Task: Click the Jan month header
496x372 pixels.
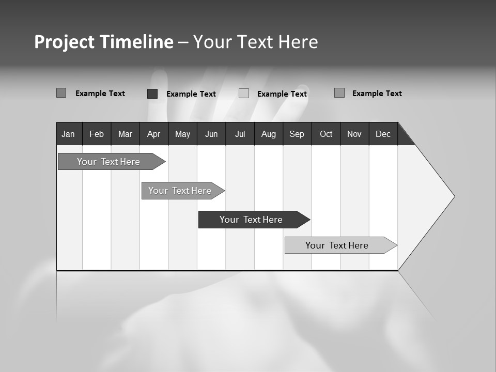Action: (x=69, y=134)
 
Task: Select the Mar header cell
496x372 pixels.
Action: (x=125, y=134)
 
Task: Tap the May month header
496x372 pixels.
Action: (x=182, y=134)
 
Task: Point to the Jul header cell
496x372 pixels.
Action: (x=240, y=134)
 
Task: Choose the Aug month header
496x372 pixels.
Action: (x=268, y=134)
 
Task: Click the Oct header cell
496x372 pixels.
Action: (x=326, y=134)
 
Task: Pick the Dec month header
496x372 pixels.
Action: (x=383, y=134)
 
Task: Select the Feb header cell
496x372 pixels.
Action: (x=97, y=134)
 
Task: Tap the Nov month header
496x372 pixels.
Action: (x=354, y=134)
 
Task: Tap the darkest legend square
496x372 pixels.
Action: (x=152, y=94)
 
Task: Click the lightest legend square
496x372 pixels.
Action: (x=244, y=94)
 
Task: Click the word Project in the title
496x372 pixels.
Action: (x=65, y=42)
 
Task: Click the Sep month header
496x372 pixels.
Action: (x=297, y=134)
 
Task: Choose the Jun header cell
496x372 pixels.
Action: (x=211, y=134)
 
